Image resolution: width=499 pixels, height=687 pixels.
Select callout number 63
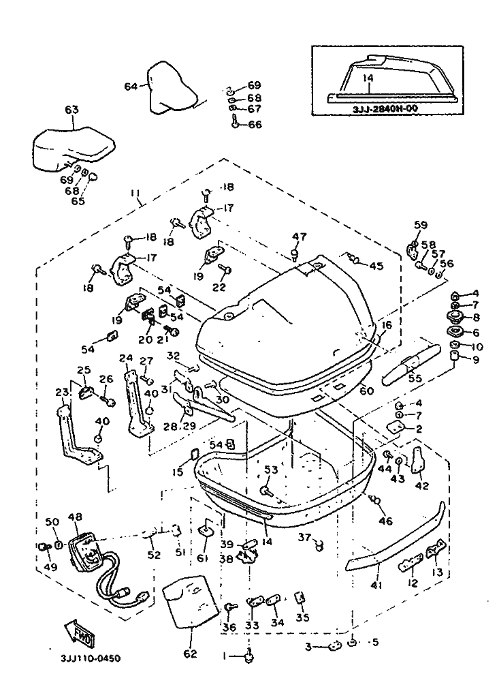[72, 109]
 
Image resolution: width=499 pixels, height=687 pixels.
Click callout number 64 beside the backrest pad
[131, 86]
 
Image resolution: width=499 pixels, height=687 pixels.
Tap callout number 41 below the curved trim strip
[376, 585]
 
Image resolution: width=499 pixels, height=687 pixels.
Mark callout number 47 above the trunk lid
[296, 236]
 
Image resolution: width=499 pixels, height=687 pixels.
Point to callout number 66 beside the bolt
[254, 125]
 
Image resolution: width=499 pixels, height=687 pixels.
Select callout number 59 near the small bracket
[421, 224]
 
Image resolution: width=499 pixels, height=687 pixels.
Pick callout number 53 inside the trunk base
[271, 470]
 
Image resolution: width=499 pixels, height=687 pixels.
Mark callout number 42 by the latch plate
[422, 486]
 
